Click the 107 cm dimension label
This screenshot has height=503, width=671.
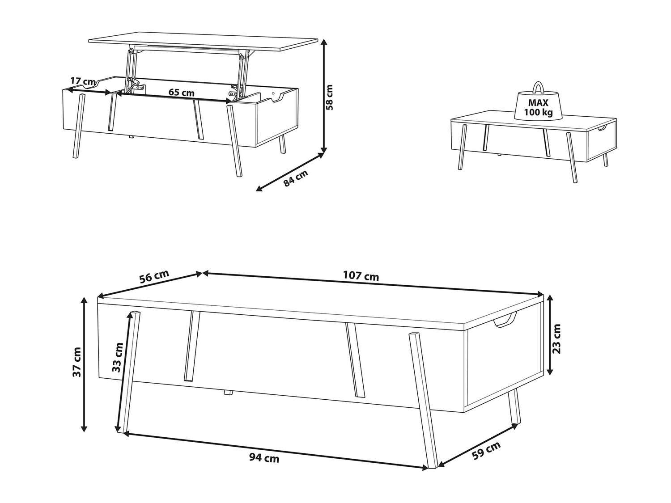(361, 276)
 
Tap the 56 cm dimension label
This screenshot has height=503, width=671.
(154, 277)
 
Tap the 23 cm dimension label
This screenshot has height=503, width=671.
(557, 339)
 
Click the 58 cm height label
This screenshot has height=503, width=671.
(330, 97)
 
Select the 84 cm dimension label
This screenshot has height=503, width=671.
(295, 178)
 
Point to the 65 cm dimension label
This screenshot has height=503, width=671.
(182, 92)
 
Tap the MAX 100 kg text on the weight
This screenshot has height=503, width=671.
(538, 107)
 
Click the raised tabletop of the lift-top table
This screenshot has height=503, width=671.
(203, 42)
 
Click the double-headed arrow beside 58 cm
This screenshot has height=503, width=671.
(323, 96)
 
